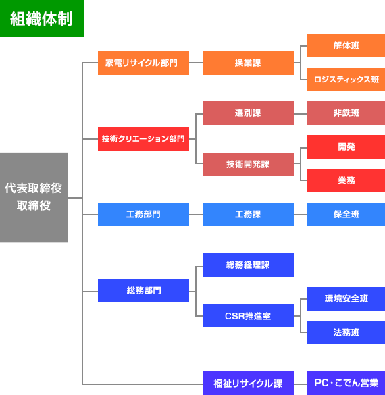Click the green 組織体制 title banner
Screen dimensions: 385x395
[x=42, y=18]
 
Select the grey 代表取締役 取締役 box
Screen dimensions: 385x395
[x=34, y=197]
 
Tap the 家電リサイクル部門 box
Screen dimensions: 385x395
[x=143, y=63]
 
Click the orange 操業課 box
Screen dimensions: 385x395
[x=248, y=63]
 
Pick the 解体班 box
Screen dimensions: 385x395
[x=346, y=46]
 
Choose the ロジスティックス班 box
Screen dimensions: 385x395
[x=346, y=80]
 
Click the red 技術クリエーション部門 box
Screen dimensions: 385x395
[x=143, y=139]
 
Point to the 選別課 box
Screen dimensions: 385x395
[x=248, y=113]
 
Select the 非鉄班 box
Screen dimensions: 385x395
[x=346, y=113]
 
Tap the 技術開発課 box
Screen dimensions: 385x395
[x=248, y=164]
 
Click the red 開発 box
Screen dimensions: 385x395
[x=346, y=147]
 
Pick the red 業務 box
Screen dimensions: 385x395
[x=346, y=181]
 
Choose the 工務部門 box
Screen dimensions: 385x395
[x=143, y=214]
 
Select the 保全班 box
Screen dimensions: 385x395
[x=346, y=214]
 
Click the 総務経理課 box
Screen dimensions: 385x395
[x=248, y=265]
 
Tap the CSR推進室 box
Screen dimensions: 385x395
[x=248, y=315]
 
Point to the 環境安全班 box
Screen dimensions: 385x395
[x=346, y=298]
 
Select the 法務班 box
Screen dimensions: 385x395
[x=346, y=332]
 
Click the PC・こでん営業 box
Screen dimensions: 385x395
[x=346, y=383]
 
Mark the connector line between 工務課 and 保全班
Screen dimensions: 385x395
[x=301, y=215]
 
